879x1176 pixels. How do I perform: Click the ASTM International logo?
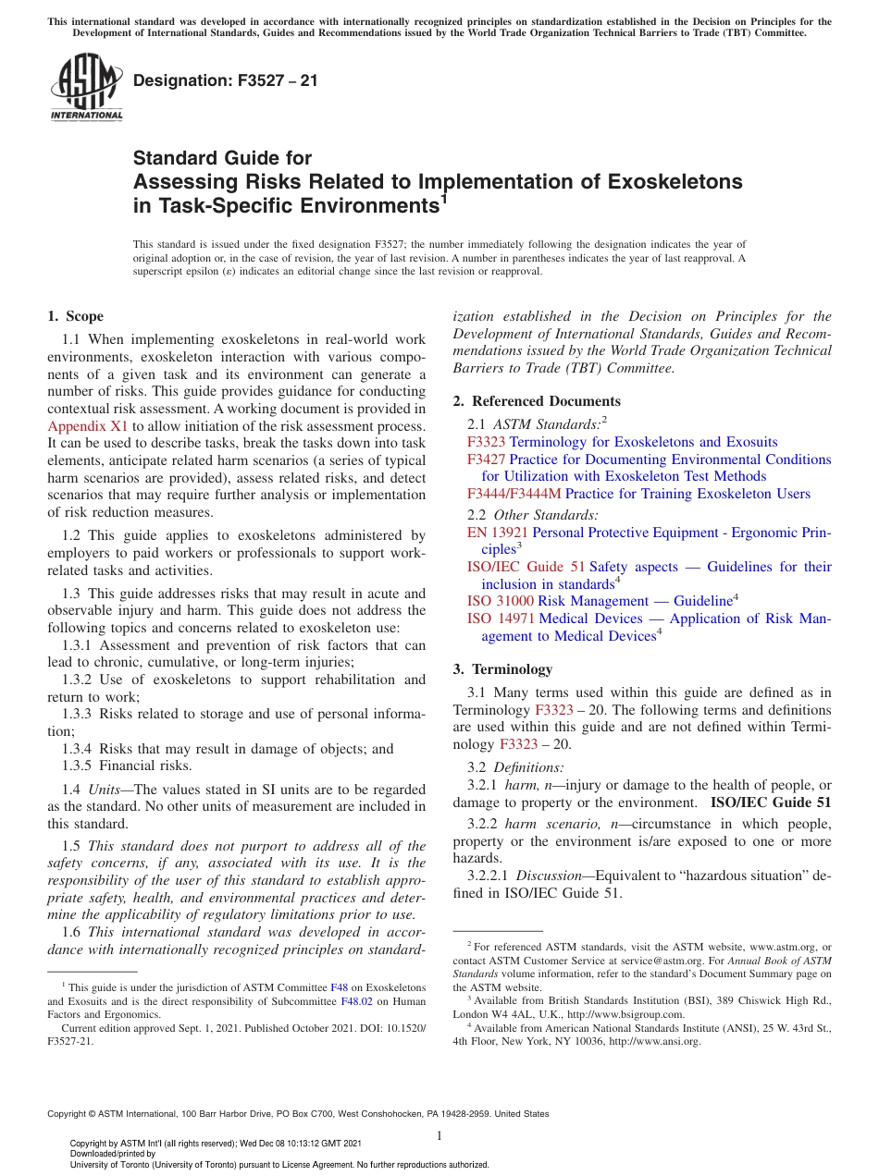(x=86, y=89)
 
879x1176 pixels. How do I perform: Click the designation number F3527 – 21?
(x=226, y=80)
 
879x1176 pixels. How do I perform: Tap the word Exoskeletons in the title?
(x=675, y=181)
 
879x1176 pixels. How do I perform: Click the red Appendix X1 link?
(x=88, y=425)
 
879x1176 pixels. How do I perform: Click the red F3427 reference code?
(x=486, y=459)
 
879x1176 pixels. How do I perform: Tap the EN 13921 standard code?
(x=497, y=533)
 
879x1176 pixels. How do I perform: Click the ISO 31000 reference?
(x=500, y=601)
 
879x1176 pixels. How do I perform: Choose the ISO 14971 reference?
(x=501, y=619)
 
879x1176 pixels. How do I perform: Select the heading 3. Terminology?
(x=502, y=668)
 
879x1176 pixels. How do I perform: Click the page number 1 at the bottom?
(x=439, y=1135)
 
